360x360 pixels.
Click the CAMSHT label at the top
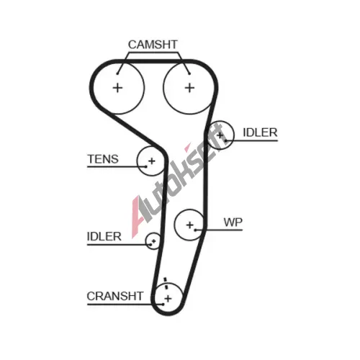[153, 45]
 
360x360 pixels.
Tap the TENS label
[103, 159]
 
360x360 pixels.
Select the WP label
[233, 222]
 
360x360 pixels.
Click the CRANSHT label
[115, 296]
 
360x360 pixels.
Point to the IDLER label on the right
[260, 132]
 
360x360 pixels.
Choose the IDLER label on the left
[104, 237]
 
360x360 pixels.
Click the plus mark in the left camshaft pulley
[117, 88]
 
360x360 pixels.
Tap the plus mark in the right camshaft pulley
[189, 88]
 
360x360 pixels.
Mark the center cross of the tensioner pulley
[152, 161]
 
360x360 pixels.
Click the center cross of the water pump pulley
[190, 225]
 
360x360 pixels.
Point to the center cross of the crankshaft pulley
[168, 299]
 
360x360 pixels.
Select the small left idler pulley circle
[153, 240]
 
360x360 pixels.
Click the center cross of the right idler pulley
[220, 135]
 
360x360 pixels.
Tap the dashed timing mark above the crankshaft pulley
[166, 284]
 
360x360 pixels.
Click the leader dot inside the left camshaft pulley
[117, 73]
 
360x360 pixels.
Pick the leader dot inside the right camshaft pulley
[189, 73]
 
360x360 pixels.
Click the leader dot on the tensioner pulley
[145, 166]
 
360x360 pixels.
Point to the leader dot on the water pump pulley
[196, 230]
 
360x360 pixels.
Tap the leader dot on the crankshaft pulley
[163, 305]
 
